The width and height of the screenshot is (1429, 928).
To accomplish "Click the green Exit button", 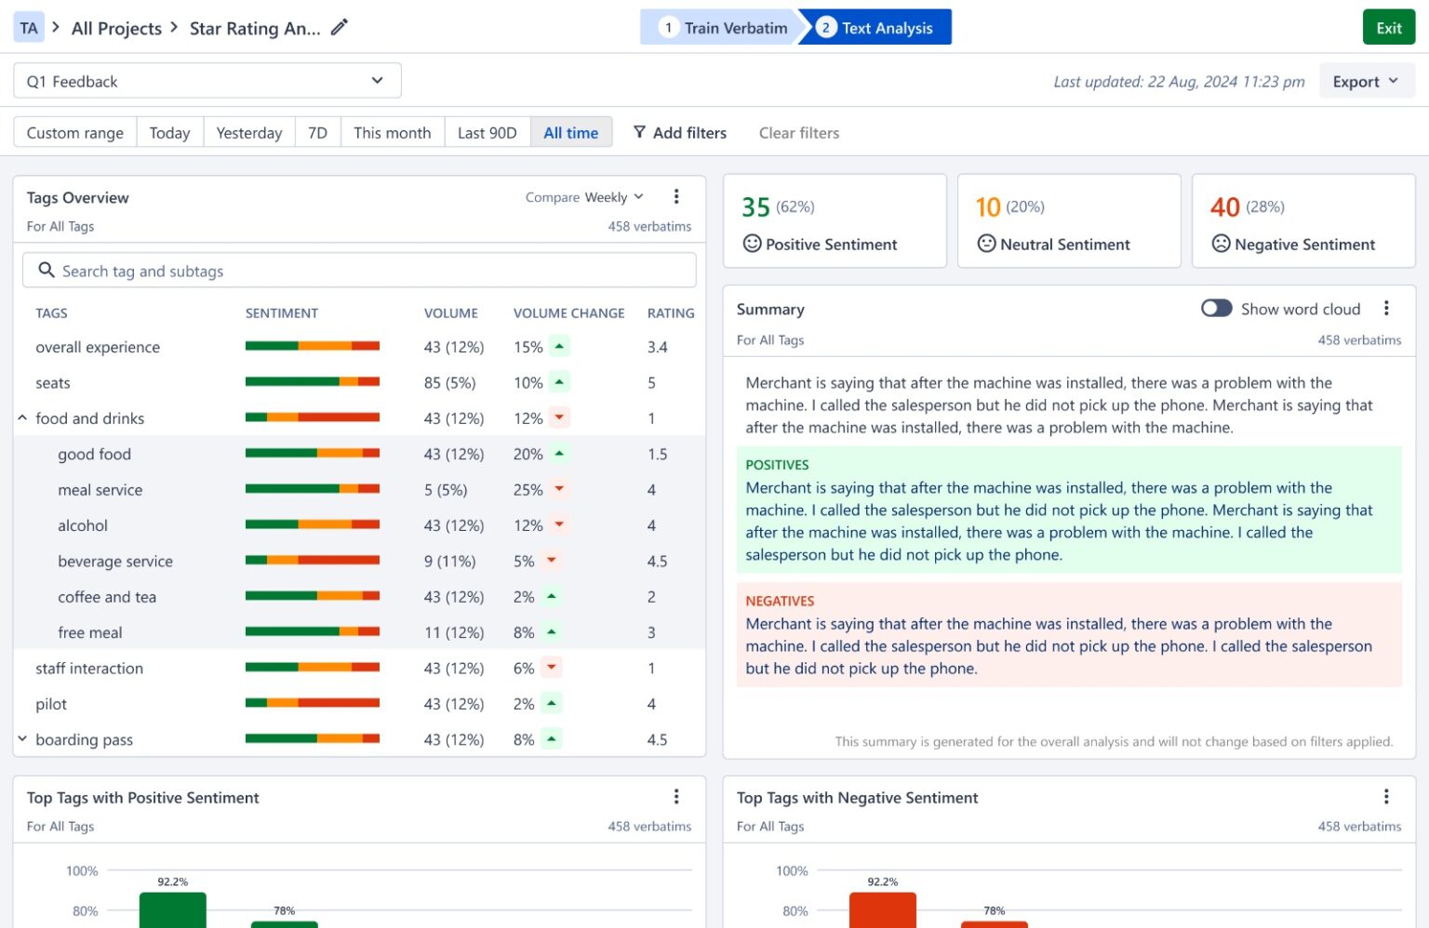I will tap(1388, 28).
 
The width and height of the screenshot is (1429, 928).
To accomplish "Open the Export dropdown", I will tap(1365, 82).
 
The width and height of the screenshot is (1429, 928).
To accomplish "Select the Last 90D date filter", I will tap(487, 133).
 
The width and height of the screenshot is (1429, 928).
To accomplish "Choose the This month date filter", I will tap(392, 133).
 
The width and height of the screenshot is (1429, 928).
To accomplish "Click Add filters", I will tap(680, 133).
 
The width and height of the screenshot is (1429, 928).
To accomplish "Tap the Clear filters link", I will tap(798, 133).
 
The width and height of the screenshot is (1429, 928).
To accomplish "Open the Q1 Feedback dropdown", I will tap(207, 82).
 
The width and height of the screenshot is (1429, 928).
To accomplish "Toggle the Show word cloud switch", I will tap(1216, 309).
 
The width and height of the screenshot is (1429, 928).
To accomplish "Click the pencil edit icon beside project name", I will tap(340, 28).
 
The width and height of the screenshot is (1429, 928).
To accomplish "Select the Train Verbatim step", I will tap(722, 28).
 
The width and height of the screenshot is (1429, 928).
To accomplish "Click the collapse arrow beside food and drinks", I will tap(22, 418).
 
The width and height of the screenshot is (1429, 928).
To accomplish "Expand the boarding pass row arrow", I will tap(22, 739).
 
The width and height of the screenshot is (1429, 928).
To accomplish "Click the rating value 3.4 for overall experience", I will tap(657, 347).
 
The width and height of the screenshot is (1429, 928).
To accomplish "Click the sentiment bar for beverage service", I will tap(312, 561).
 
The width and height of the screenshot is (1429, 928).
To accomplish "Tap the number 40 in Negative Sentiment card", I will tap(1224, 206).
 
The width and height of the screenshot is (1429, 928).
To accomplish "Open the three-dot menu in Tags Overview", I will tap(676, 197).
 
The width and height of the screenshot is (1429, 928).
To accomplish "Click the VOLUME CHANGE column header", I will tap(568, 313).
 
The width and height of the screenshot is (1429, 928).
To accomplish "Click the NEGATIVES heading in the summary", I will tap(780, 602).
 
